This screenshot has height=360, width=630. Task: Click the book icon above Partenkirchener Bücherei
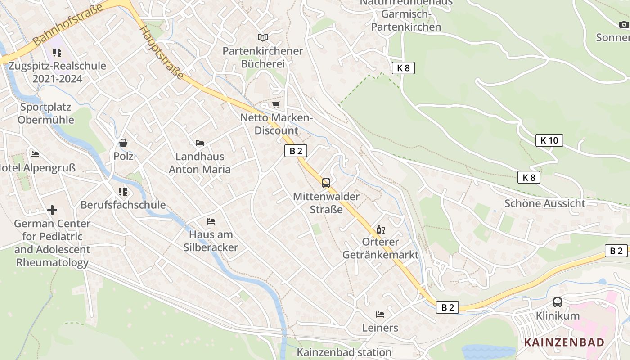pos(262,37)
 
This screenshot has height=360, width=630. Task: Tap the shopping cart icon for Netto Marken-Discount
pos(276,105)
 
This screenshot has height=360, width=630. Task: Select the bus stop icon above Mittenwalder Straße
pos(326,183)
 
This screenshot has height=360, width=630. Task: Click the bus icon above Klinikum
pos(558,302)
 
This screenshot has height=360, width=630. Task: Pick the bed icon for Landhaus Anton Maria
pos(200,143)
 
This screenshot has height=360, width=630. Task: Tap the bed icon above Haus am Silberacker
pos(211,221)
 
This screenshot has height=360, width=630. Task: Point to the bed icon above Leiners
pos(380,314)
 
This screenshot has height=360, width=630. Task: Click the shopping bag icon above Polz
pos(123,143)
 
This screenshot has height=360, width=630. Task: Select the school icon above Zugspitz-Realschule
pos(57,53)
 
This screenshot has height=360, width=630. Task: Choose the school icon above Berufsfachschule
pos(123,192)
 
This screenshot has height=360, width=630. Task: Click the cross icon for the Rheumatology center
pos(52,210)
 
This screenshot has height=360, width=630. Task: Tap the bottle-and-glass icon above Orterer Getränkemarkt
pos(381,229)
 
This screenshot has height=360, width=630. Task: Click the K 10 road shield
pos(549,140)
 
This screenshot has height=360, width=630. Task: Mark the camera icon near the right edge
pos(624,24)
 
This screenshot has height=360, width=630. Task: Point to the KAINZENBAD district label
pos(564,342)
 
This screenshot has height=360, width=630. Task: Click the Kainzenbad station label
pos(344,352)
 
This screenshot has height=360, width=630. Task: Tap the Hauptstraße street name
pos(162,52)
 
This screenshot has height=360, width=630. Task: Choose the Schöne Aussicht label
pos(545,203)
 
